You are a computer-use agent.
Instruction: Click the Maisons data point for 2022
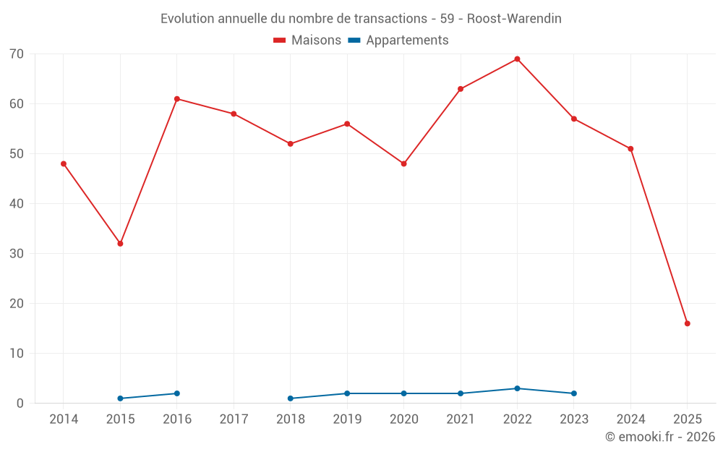[517, 59]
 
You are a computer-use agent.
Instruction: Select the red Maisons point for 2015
[120, 244]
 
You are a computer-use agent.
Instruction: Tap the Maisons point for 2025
[687, 323]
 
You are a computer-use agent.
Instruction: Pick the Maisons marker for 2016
[177, 99]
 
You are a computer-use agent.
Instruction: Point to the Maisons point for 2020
[403, 163]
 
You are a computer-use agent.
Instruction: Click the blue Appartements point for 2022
[517, 388]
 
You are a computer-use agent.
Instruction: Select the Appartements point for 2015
[120, 398]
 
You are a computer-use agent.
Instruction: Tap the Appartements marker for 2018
[290, 398]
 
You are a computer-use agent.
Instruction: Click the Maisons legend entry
[307, 40]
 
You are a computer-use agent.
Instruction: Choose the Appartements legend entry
[398, 40]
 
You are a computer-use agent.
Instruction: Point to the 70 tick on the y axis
[17, 54]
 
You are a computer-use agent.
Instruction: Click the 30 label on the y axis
[17, 254]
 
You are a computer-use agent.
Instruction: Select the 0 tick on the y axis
[20, 404]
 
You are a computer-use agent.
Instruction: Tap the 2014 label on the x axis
[64, 419]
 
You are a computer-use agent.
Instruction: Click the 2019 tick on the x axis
[347, 419]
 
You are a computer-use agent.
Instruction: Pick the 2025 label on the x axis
[687, 419]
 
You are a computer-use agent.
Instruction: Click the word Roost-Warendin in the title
[514, 19]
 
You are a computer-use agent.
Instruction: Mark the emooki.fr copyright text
[659, 437]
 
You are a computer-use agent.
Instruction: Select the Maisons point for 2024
[630, 149]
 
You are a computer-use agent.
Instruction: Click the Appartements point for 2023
[574, 393]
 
